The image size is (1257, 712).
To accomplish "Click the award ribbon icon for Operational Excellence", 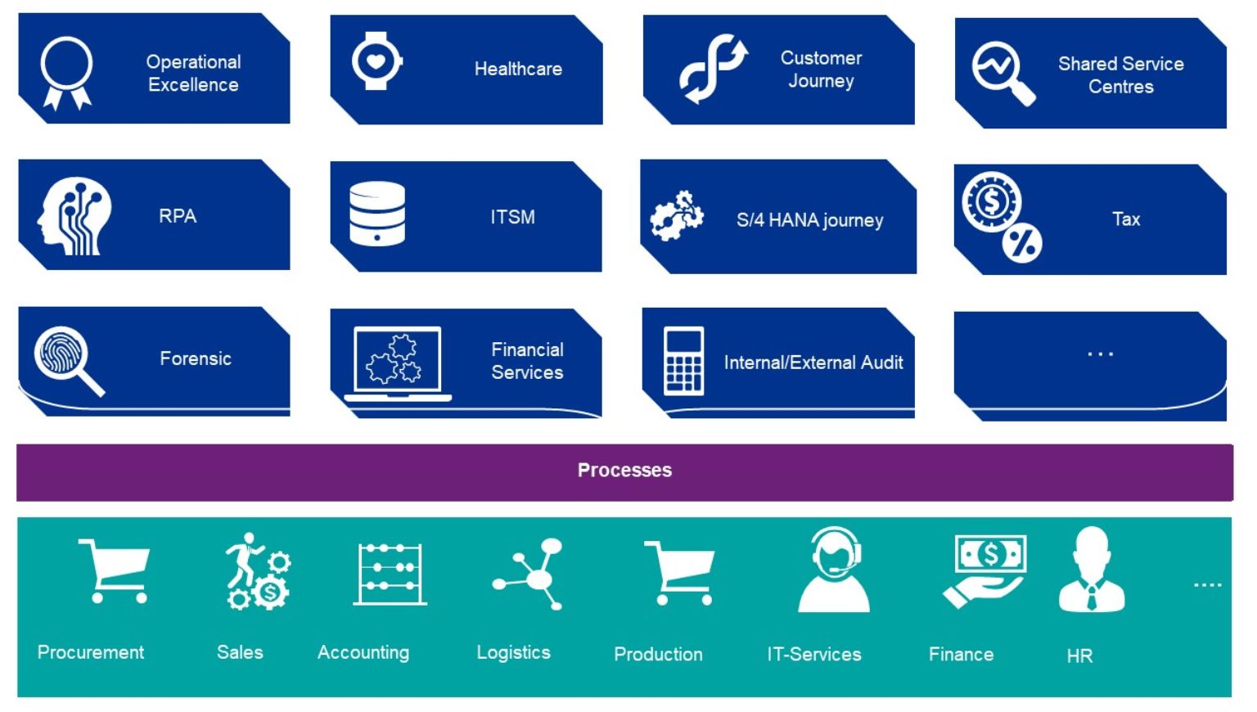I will [x=67, y=72].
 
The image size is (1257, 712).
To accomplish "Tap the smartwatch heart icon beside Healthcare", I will [x=376, y=61].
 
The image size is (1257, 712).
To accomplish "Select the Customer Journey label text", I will [x=821, y=70].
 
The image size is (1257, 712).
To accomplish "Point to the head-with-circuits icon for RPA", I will [x=74, y=216].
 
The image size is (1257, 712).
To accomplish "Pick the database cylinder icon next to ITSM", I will [x=377, y=214].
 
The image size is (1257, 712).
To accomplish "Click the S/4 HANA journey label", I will [x=809, y=220].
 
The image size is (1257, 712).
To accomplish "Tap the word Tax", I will [x=1126, y=219].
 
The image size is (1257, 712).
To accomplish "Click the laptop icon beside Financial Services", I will [x=398, y=363].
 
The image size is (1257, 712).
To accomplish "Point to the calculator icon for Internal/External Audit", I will [x=683, y=361].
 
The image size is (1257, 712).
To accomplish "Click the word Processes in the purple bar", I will [x=624, y=470].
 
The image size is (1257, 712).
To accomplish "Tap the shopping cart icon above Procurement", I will [x=114, y=570].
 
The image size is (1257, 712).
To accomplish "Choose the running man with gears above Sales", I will [x=258, y=571].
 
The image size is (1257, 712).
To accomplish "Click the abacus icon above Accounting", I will [x=390, y=574].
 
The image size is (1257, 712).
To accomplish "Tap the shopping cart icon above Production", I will [x=679, y=573].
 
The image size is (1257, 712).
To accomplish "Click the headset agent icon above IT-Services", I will [x=834, y=570].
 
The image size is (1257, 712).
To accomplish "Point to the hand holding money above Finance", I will [x=985, y=570].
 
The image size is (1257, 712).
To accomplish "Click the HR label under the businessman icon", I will [x=1079, y=656].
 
